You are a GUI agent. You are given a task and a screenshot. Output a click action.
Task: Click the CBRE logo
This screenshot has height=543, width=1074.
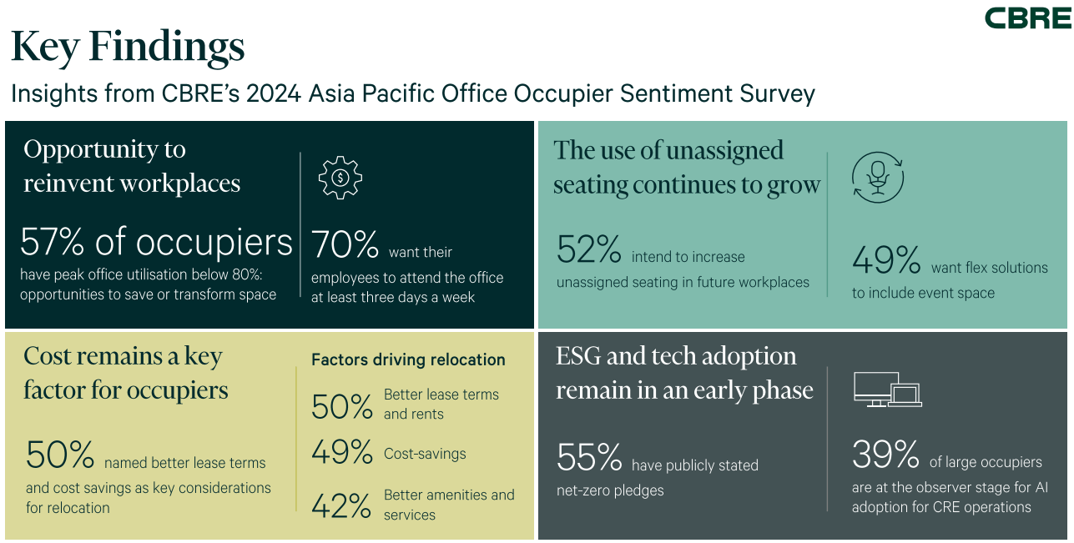click(x=1028, y=18)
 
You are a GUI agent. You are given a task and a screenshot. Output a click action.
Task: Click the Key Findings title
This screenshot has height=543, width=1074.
click(x=128, y=48)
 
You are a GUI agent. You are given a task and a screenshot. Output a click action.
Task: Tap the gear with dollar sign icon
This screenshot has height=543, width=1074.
click(x=340, y=178)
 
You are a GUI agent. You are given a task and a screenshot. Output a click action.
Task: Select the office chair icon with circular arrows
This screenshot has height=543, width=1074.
click(x=877, y=178)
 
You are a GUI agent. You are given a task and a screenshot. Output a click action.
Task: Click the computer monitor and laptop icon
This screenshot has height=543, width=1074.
click(x=887, y=390)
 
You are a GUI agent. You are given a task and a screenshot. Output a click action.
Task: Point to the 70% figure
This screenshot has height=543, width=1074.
click(x=345, y=244)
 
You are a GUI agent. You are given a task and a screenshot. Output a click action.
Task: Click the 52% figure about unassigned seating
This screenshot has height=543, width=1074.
click(x=589, y=249)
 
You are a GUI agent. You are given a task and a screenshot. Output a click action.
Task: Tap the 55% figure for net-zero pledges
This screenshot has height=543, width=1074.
click(x=589, y=457)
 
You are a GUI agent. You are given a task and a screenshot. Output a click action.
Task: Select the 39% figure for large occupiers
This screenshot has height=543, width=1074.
click(x=885, y=454)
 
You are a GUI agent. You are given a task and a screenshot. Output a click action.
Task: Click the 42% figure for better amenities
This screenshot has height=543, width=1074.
click(x=341, y=506)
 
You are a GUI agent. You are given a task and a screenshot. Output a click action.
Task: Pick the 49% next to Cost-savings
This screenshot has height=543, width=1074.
click(x=342, y=452)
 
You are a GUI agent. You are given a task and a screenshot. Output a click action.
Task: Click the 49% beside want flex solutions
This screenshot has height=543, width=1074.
click(x=886, y=259)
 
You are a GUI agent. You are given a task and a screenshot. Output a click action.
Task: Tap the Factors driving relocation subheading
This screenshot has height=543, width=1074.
click(x=408, y=359)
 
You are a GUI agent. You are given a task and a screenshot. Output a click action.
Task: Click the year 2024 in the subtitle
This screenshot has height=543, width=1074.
click(x=273, y=93)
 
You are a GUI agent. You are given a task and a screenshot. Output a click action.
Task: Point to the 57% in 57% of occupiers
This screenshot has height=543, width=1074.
click(x=53, y=242)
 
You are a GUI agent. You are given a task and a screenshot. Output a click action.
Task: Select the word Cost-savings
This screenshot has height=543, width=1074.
click(x=425, y=454)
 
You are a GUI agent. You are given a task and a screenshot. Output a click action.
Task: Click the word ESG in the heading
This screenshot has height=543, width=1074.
click(x=577, y=356)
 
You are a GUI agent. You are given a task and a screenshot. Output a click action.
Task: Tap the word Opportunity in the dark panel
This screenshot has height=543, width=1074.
click(x=90, y=150)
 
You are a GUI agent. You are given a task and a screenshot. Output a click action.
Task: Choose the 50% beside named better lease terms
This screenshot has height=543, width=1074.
click(x=59, y=455)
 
